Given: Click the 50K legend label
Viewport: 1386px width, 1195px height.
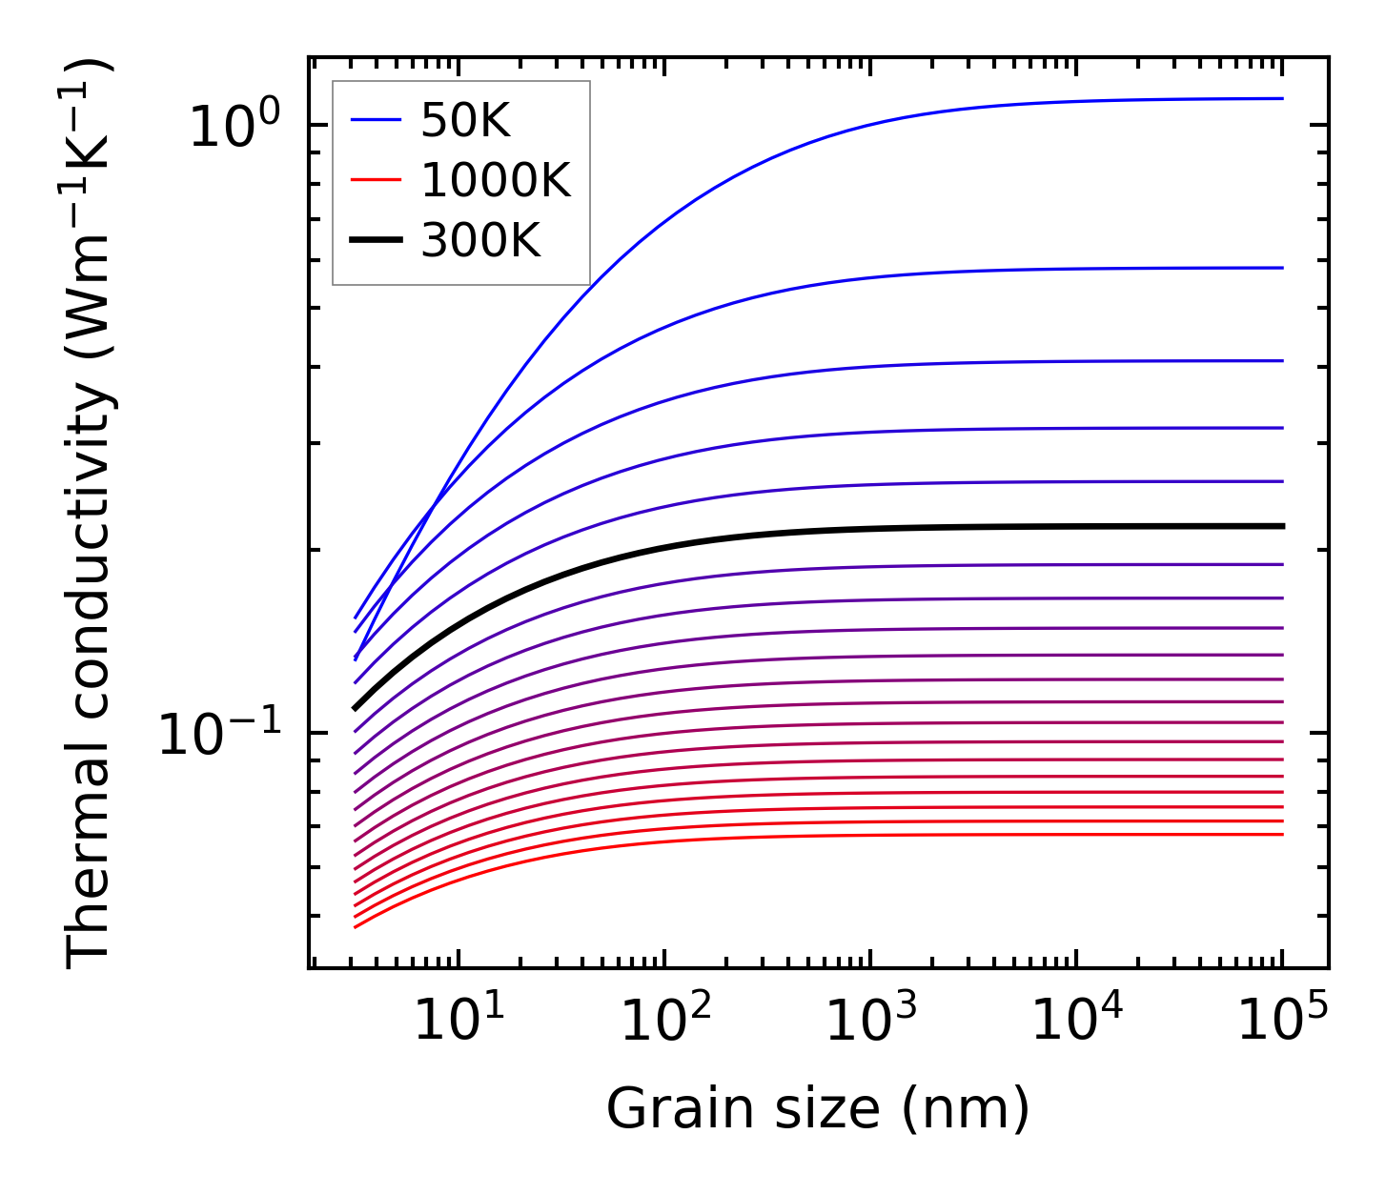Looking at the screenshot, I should [466, 121].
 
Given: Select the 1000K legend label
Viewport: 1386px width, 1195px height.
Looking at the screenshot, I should [496, 181].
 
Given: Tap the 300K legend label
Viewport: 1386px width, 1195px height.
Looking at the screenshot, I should [480, 241].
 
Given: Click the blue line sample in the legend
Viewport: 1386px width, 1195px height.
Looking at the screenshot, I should [377, 121].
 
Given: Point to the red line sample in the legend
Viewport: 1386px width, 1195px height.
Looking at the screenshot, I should [377, 181].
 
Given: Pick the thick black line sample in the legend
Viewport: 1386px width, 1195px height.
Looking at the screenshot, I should [377, 241].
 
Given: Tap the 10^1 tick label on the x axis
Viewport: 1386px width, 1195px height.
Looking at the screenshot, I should [459, 1021].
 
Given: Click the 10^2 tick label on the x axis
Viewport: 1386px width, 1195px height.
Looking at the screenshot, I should [665, 1021].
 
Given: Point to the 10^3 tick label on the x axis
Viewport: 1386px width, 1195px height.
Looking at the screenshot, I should [871, 1021].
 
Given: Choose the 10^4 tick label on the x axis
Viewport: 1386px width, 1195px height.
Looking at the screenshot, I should [1077, 1021].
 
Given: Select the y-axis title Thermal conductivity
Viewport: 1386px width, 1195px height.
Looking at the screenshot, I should [91, 515].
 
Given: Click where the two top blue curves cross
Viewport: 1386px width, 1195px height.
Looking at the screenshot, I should [435, 503].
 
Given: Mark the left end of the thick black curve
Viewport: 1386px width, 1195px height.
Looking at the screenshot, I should [355, 708].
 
